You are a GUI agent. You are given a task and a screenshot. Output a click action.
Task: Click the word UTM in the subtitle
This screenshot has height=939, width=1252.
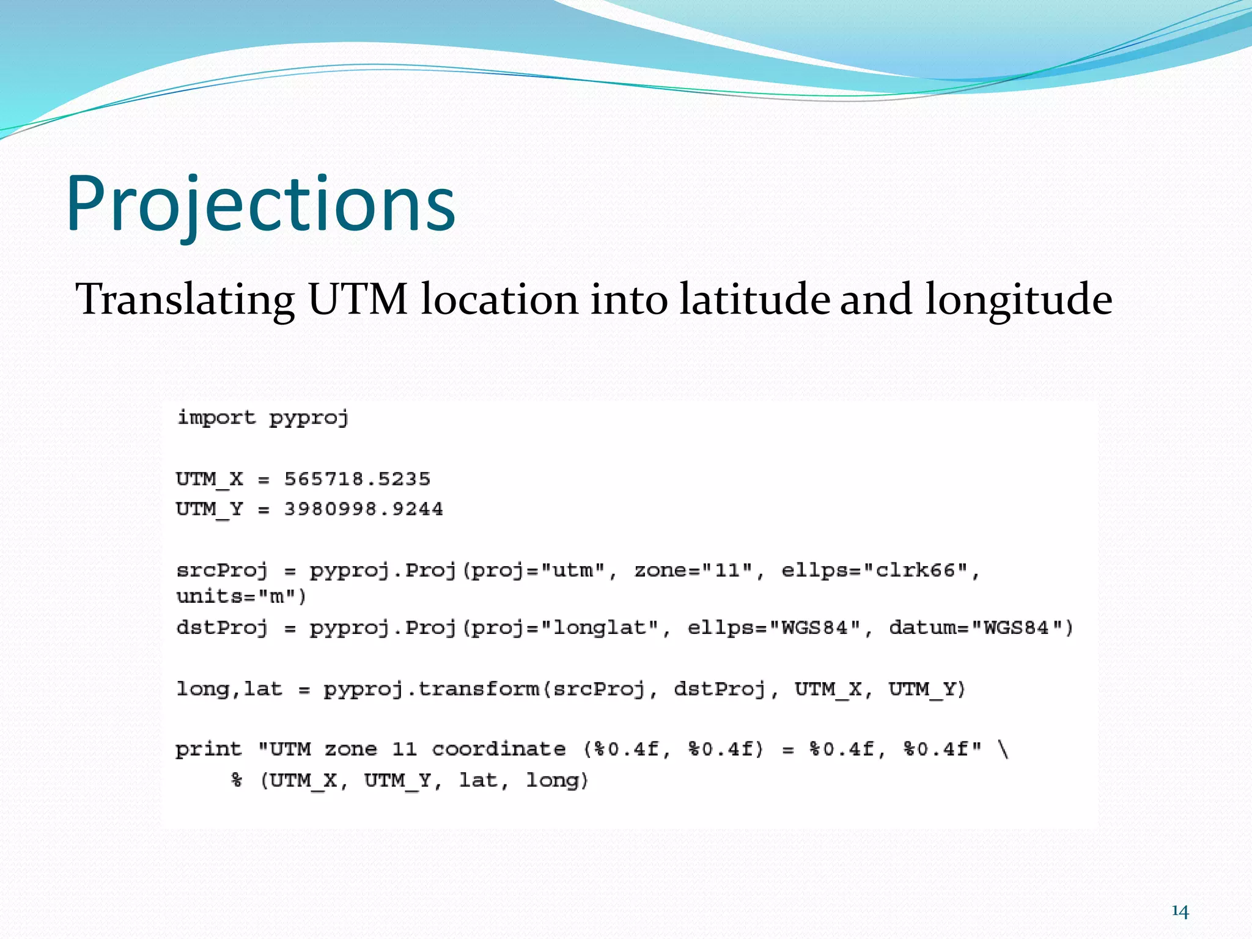[x=358, y=300]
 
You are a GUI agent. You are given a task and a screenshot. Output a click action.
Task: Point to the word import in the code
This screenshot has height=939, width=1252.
[x=216, y=418]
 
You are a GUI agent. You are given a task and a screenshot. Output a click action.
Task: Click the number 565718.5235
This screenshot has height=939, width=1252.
[x=357, y=479]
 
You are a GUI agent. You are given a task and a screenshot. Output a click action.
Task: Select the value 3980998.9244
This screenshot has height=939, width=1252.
[x=363, y=509]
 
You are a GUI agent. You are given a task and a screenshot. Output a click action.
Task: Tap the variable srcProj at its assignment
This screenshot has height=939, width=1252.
[x=222, y=570]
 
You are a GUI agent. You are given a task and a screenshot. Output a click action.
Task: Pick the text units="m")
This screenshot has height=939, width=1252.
[x=241, y=597]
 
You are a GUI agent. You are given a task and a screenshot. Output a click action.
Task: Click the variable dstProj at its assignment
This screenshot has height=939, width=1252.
[x=222, y=628]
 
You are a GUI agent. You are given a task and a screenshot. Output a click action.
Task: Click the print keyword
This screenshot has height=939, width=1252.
[x=208, y=749]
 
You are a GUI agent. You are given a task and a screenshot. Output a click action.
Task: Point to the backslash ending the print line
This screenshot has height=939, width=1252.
[x=1003, y=749]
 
